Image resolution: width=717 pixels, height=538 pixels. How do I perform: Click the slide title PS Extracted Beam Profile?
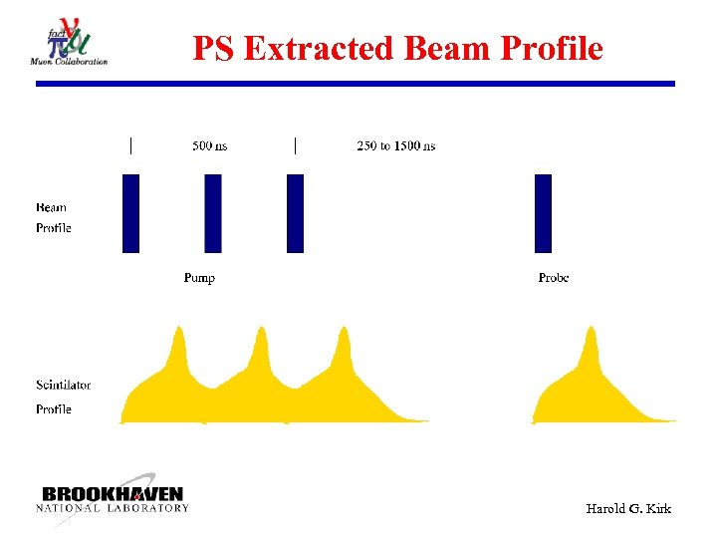point(397,48)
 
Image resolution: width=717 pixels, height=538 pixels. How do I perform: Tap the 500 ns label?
point(209,146)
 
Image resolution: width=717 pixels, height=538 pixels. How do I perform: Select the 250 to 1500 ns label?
point(395,146)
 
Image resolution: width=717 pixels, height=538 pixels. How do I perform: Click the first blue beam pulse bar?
point(130,213)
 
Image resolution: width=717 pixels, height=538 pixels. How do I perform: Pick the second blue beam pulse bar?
point(213,213)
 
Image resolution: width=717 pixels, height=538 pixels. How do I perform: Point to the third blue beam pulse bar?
point(295,213)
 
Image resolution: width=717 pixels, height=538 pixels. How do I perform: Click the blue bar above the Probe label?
point(543,213)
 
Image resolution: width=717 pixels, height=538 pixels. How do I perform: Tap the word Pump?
point(199,278)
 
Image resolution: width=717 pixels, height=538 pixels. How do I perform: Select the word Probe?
point(554,278)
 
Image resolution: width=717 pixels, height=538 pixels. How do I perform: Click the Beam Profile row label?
point(54,218)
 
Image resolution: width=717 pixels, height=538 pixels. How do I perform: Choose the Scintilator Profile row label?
point(63,397)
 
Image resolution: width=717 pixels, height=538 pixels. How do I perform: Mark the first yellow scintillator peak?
point(178,344)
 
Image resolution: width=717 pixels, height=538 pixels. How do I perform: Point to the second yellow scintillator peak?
point(262,344)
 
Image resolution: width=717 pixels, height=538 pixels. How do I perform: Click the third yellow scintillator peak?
point(344,344)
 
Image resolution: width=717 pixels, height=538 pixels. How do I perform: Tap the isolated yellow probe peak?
point(592,344)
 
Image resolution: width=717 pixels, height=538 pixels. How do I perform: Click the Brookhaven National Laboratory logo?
point(113,499)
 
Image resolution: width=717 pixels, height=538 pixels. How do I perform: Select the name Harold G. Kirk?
point(628,509)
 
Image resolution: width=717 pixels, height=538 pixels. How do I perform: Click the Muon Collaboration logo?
point(69,44)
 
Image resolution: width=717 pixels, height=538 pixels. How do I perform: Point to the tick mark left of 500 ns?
point(130,145)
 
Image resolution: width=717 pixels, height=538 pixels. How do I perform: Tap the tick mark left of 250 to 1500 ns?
point(295,145)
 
